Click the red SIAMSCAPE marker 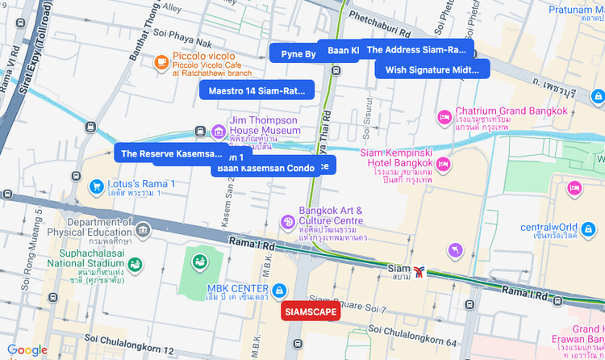(311, 312)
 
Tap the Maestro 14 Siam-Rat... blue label (257, 90)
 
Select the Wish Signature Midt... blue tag (432, 69)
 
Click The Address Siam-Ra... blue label (416, 49)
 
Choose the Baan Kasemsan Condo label (265, 168)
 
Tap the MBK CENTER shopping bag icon (278, 290)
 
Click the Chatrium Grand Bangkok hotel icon (443, 117)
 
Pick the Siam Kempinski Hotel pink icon (443, 164)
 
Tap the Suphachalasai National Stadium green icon (134, 264)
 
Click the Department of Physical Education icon (144, 231)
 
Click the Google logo (27, 350)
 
